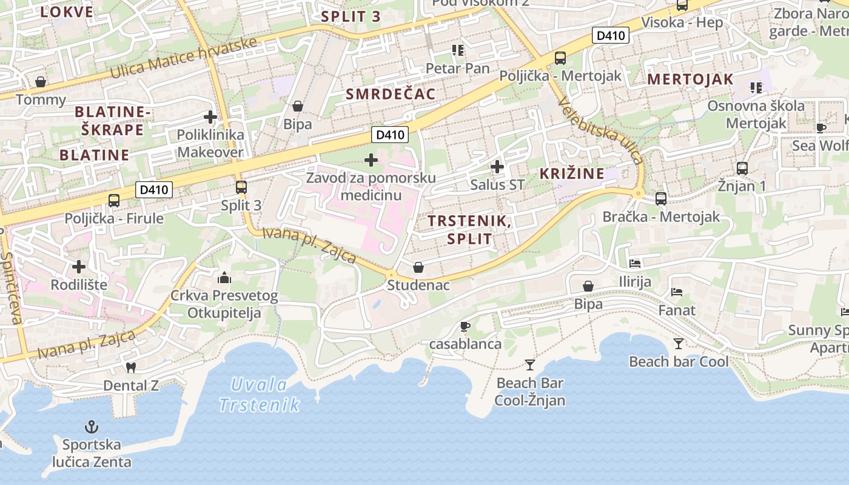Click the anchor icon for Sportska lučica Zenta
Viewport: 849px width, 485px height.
click(x=91, y=427)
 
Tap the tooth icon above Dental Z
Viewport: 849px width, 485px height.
click(x=130, y=367)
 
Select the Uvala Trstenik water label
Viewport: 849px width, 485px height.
click(x=260, y=394)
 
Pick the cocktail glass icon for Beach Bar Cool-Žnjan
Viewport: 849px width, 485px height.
click(x=530, y=364)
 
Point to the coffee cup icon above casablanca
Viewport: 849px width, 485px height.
click(x=465, y=326)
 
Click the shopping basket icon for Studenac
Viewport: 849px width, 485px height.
click(x=418, y=267)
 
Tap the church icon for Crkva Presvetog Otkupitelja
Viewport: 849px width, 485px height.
click(x=224, y=278)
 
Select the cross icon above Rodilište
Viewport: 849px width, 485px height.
click(x=79, y=266)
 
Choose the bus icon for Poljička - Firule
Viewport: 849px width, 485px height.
click(x=113, y=200)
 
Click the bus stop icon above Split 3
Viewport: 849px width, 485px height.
click(x=241, y=187)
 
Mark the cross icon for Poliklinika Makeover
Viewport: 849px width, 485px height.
click(x=210, y=116)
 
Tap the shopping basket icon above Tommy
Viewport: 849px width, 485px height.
click(x=41, y=81)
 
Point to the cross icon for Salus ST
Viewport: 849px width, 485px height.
click(x=497, y=166)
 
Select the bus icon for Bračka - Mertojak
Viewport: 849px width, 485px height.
click(x=661, y=198)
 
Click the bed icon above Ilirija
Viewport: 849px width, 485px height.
click(x=635, y=263)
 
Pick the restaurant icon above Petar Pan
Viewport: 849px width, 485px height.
click(x=457, y=50)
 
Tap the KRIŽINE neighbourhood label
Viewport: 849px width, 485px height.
click(x=572, y=173)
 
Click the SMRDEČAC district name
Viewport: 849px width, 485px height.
click(x=391, y=93)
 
